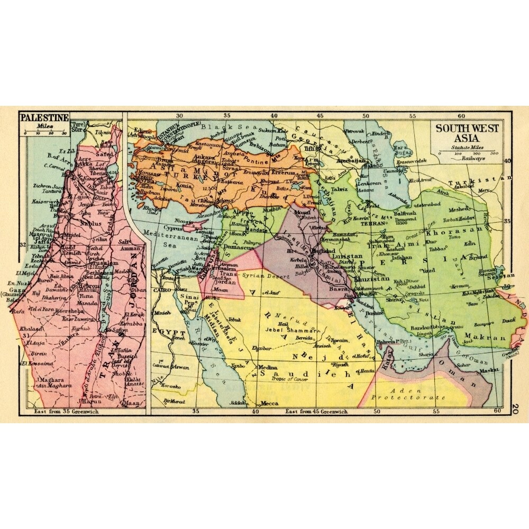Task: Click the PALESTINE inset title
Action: click(44, 117)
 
